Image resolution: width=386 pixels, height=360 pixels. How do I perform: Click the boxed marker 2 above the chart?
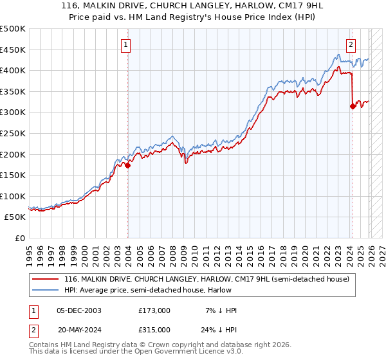pyautogui.click(x=351, y=45)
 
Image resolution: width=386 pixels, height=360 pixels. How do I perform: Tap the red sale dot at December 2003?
pyautogui.click(x=127, y=165)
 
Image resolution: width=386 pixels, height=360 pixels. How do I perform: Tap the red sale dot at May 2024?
pyautogui.click(x=353, y=107)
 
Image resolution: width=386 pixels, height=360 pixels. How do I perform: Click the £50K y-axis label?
pyautogui.click(x=15, y=217)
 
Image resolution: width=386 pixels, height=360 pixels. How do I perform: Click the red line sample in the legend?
pyautogui.click(x=46, y=279)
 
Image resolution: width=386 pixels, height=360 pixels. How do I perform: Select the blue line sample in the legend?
pyautogui.click(x=46, y=290)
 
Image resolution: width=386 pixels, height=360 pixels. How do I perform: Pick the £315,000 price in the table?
pyautogui.click(x=154, y=329)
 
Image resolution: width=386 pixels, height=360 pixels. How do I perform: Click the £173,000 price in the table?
pyautogui.click(x=154, y=310)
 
